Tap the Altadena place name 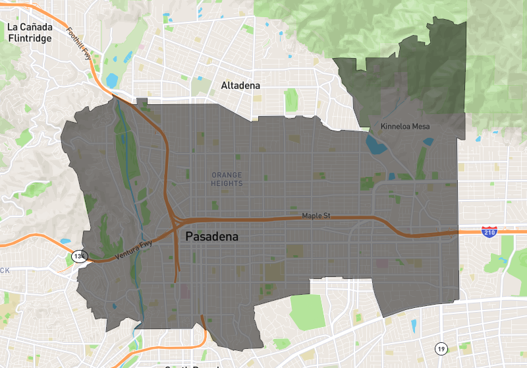(240, 86)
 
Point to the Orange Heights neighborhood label (227, 179)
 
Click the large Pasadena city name (211, 236)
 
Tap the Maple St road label (315, 216)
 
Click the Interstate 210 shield (489, 231)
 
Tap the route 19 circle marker (439, 348)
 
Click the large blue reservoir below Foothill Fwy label (111, 81)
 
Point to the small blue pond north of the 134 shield (65, 241)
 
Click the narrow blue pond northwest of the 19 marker (414, 326)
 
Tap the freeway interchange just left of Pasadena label (176, 224)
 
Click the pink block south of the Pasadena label (184, 291)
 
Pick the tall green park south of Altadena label (291, 100)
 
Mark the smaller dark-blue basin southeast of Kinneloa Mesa (429, 141)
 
